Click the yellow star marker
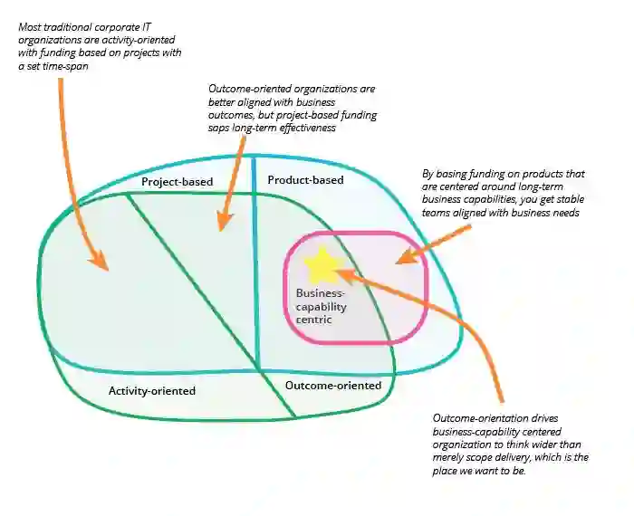tap(321, 265)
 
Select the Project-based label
tap(177, 182)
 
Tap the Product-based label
tap(305, 180)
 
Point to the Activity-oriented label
tap(152, 391)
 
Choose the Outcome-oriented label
tap(333, 386)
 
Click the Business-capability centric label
tap(322, 306)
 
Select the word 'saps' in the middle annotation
tap(221, 129)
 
